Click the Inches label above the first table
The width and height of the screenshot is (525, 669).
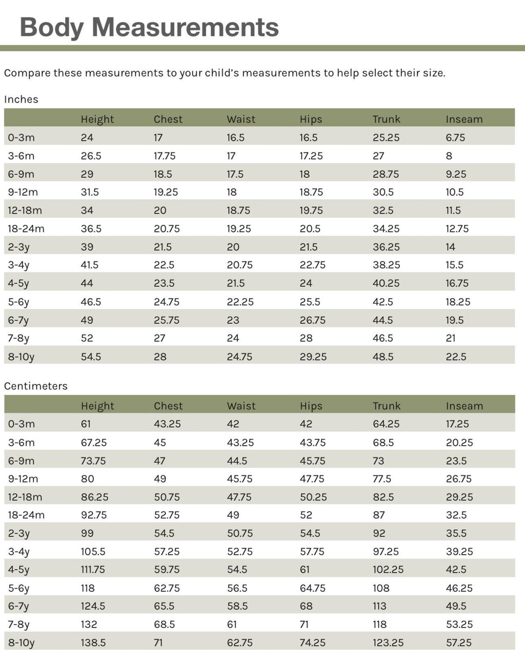21,99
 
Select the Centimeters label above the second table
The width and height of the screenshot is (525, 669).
35,386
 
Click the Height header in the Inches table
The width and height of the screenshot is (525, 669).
97,119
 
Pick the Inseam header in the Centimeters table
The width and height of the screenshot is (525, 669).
464,406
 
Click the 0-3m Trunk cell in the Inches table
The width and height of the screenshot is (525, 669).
386,138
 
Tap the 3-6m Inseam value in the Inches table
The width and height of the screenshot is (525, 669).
449,156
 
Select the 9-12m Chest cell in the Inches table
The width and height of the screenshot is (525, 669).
166,192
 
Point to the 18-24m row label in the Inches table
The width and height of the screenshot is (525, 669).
26,228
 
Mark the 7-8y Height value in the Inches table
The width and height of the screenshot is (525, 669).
87,338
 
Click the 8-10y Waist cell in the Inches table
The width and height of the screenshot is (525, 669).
239,357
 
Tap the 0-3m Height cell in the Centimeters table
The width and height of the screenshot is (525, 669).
86,424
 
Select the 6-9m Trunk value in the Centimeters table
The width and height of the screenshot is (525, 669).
378,461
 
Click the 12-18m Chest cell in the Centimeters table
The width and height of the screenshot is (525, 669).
167,497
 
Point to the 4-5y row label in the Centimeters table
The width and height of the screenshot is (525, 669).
18,570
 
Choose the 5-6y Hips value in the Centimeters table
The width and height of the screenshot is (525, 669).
312,588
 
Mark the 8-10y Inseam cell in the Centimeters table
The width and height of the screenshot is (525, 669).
458,642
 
